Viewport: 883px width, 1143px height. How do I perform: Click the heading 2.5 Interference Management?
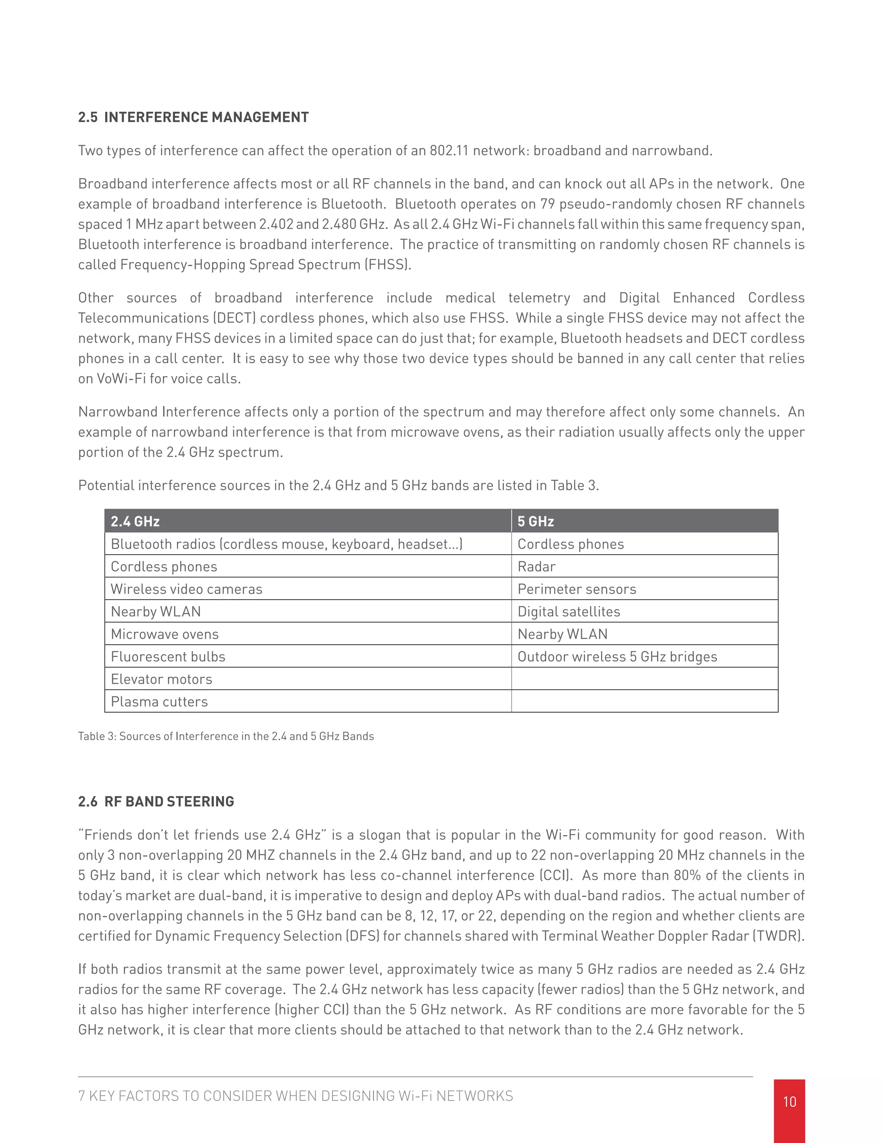(193, 117)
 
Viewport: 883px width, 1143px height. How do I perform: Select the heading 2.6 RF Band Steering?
(156, 801)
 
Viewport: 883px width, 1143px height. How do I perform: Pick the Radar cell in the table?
(536, 566)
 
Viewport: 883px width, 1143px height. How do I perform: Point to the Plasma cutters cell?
(159, 701)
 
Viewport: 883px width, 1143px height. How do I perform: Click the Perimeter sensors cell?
(576, 589)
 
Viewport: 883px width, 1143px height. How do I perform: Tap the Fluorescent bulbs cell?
(167, 656)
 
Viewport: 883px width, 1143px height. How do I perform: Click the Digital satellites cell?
(569, 611)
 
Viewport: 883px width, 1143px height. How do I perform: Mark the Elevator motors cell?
(161, 679)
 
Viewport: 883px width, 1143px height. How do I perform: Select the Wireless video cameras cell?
(186, 589)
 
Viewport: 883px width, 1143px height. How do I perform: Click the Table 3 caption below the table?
(225, 736)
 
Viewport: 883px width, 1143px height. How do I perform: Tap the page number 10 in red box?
(789, 1102)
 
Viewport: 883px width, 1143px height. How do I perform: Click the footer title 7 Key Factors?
(295, 1096)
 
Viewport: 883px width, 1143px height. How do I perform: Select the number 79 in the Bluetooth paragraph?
(547, 204)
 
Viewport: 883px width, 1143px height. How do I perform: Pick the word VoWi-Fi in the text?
(121, 378)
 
